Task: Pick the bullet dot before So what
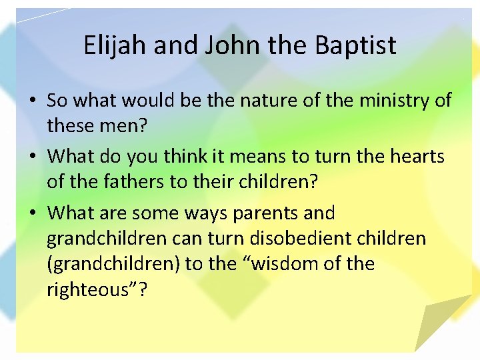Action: (33, 101)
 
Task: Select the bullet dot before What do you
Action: (33, 157)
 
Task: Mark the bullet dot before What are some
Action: (33, 214)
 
